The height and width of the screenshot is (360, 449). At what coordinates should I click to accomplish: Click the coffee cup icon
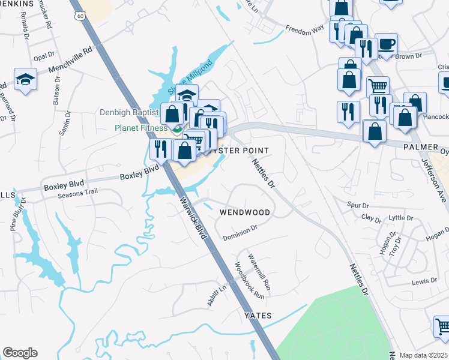tap(386, 44)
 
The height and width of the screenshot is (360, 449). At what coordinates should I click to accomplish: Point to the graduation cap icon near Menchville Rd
tap(25, 79)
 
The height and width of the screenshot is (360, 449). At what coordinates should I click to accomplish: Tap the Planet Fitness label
tap(140, 128)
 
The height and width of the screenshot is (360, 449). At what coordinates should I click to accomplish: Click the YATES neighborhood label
tap(258, 316)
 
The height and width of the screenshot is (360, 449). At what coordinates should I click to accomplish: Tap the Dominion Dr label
tap(240, 232)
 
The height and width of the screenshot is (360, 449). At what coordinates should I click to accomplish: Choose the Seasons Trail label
tap(77, 194)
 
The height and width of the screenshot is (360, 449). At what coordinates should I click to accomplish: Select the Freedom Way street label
tap(304, 28)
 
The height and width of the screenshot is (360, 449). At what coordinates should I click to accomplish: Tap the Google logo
tap(20, 353)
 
